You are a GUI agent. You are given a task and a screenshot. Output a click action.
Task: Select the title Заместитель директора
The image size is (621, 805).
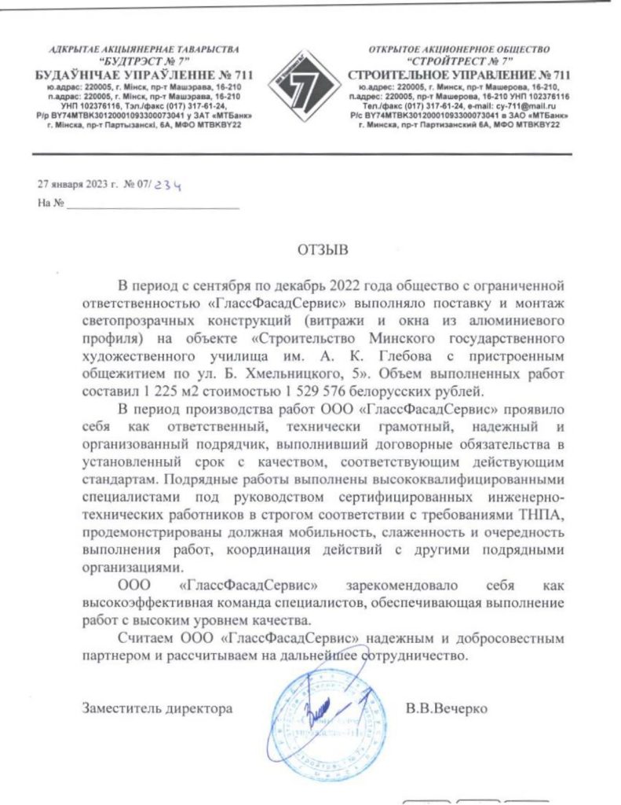coord(157,708)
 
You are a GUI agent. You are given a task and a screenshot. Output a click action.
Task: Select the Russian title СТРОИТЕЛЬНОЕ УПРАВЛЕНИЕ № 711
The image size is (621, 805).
coord(459,74)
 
